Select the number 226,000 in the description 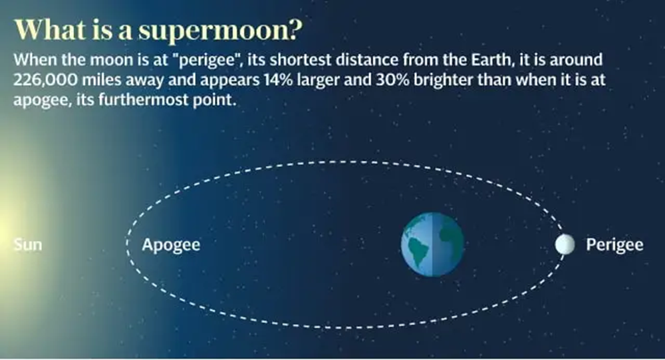point(45,81)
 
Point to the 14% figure point(278,80)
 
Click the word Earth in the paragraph point(491,59)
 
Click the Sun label point(28,244)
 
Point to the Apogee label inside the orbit point(171,246)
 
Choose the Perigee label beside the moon point(614,246)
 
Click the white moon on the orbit point(565,244)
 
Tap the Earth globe point(433,244)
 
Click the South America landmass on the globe point(418,251)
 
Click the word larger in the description point(318,81)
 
